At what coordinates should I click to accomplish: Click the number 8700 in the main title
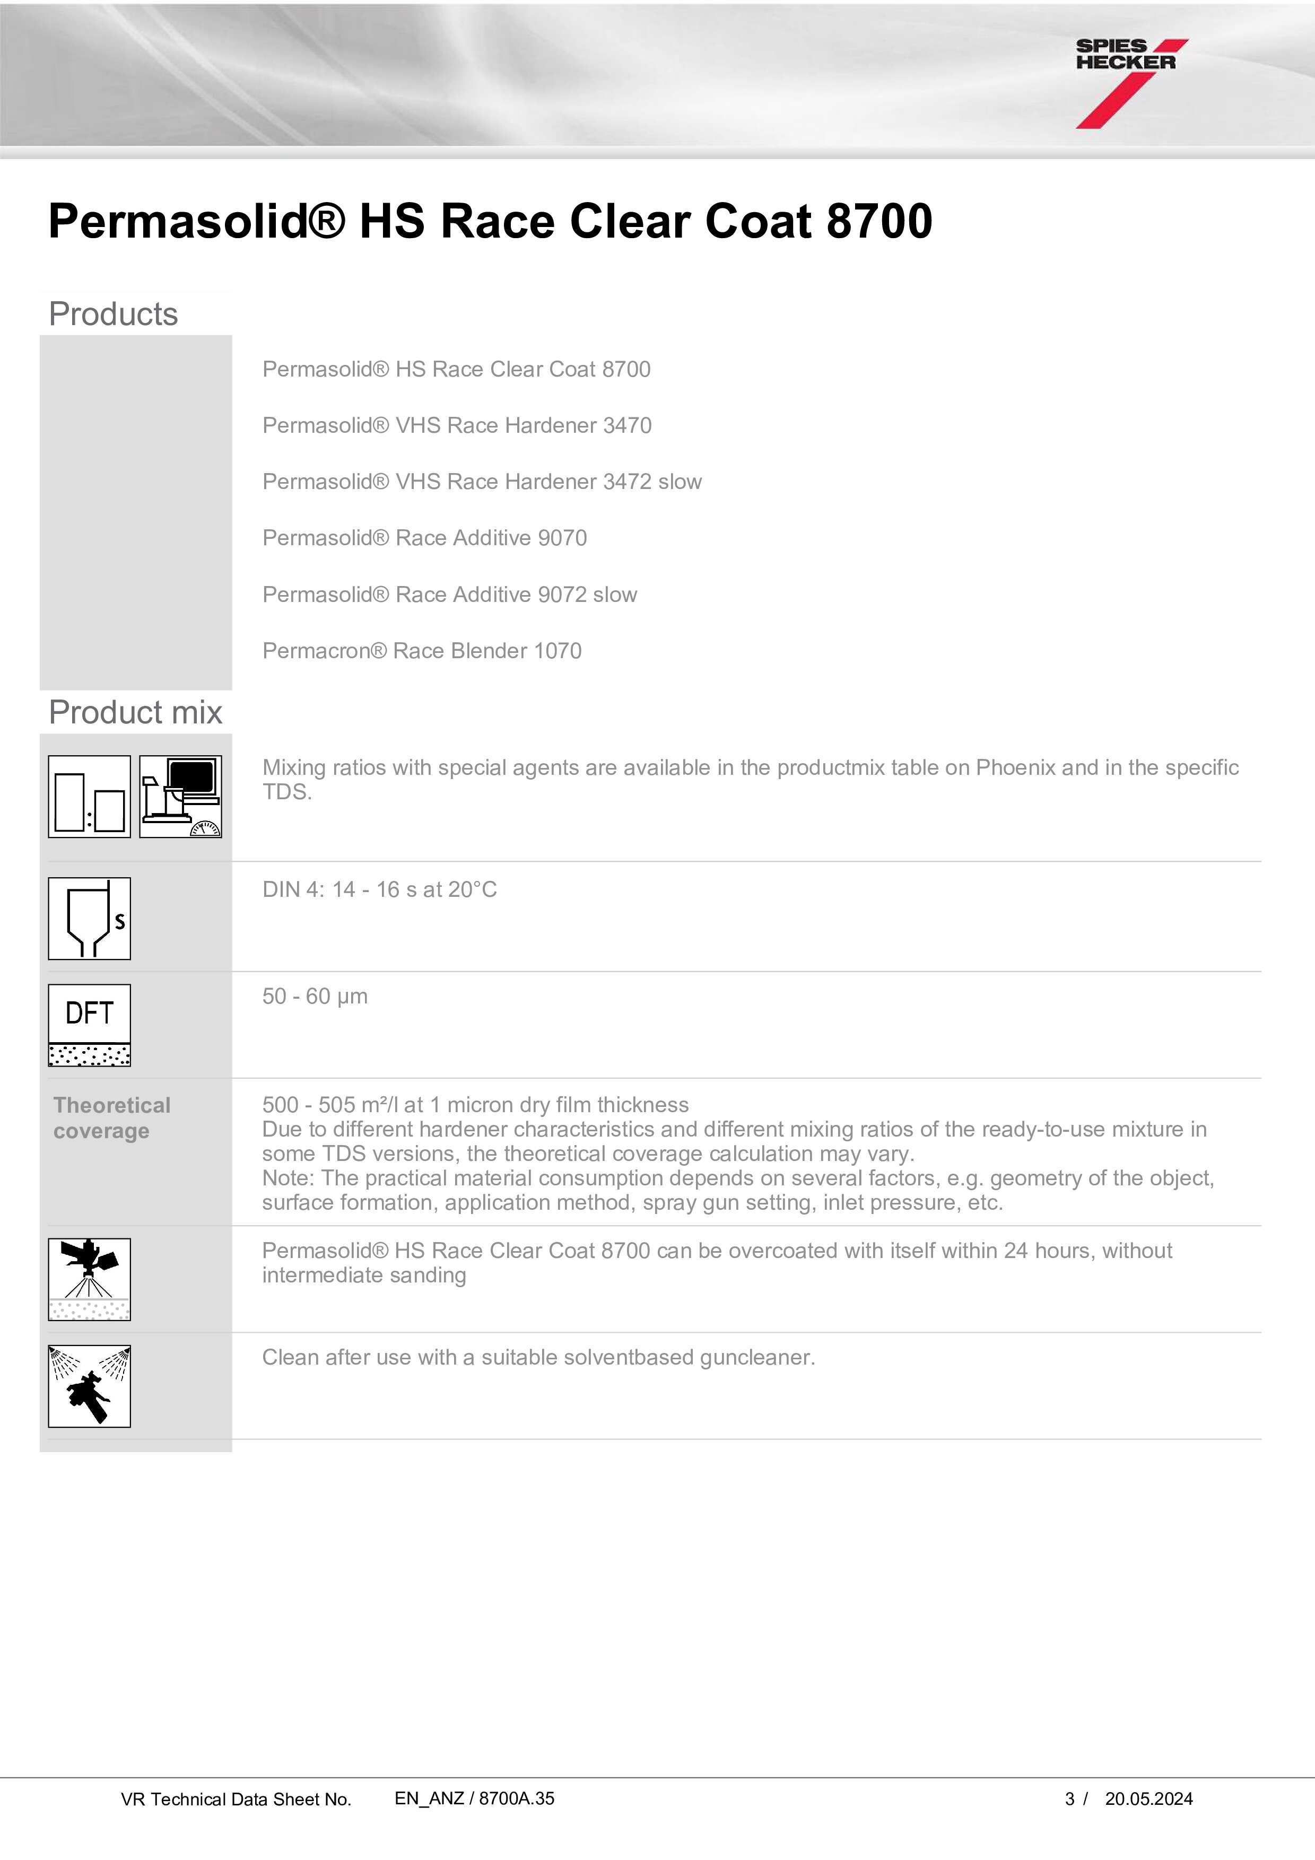click(879, 221)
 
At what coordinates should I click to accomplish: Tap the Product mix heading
click(135, 713)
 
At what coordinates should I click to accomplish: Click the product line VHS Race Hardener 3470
click(456, 425)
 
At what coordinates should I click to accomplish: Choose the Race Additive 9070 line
click(424, 538)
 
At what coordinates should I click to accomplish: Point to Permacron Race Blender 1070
click(421, 651)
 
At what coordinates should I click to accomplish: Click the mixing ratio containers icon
click(89, 796)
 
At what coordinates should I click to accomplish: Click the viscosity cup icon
click(89, 919)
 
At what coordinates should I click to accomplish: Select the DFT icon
click(89, 1025)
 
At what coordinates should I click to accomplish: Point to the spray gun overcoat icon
click(89, 1279)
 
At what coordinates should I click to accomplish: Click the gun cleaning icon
click(89, 1386)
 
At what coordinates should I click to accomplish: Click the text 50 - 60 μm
click(315, 997)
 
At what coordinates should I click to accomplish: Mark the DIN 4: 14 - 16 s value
click(379, 889)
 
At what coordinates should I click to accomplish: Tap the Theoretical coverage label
click(112, 1118)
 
